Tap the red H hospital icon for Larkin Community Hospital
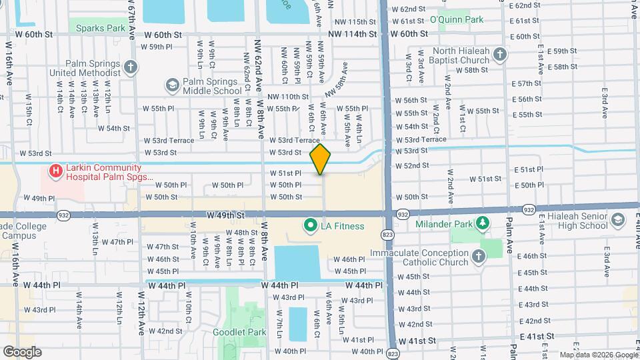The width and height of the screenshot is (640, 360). (55, 172)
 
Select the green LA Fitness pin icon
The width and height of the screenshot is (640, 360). (310, 226)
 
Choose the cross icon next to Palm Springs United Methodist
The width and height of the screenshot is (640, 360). (131, 67)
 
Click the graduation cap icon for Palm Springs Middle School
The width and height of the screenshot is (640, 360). (173, 85)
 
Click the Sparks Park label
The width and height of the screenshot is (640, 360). (101, 28)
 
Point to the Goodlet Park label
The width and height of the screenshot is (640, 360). (239, 331)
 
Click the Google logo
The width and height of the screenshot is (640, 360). (22, 351)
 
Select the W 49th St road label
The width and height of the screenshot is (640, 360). (226, 215)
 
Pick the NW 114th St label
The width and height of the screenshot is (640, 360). (352, 33)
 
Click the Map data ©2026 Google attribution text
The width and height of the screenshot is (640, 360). (599, 355)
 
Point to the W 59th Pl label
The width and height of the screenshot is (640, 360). (157, 47)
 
